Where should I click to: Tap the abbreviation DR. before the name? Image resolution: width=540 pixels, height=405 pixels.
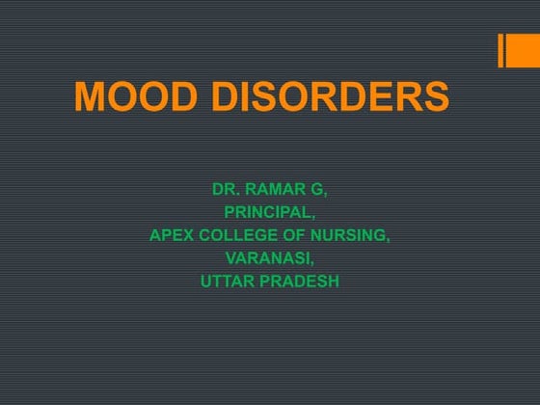[x=226, y=188]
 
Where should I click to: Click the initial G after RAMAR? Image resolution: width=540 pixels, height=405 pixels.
[x=320, y=188]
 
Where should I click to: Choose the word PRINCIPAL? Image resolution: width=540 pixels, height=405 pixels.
[x=267, y=211]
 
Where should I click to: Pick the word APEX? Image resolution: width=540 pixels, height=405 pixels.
[x=170, y=234]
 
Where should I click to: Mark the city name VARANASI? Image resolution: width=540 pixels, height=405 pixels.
[x=267, y=257]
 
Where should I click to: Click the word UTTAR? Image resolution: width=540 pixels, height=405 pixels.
[x=227, y=282]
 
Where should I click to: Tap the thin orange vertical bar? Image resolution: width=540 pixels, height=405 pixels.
[x=501, y=51]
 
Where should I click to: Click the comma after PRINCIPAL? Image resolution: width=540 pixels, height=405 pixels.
[x=312, y=215]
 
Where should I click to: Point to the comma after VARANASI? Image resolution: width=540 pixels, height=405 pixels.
[x=312, y=261]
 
